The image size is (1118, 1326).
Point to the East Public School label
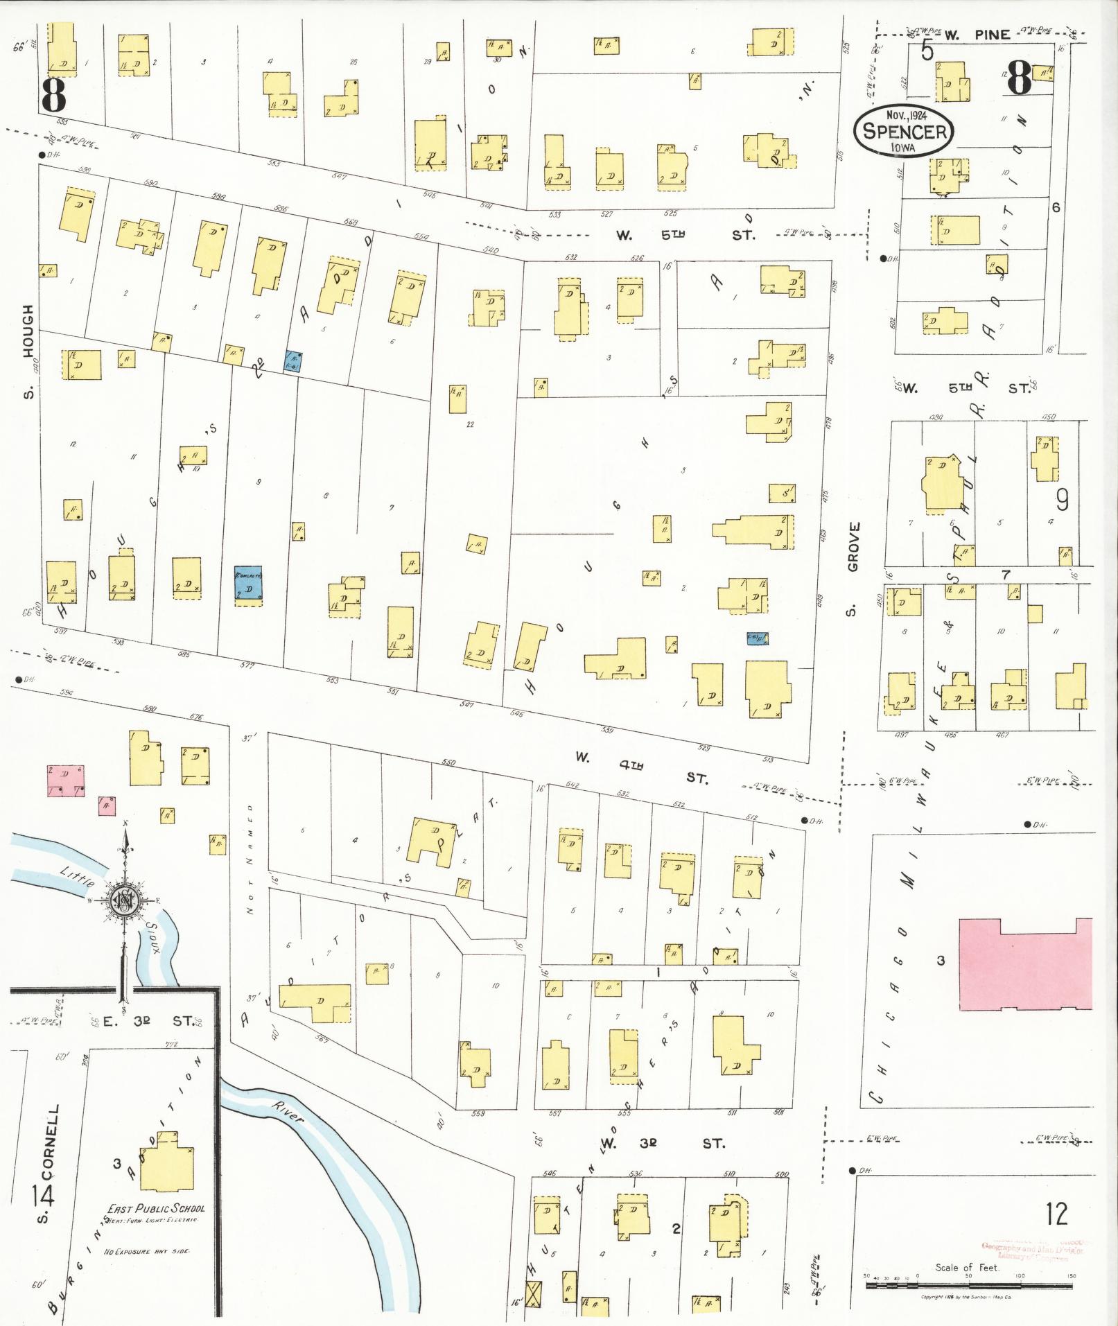tap(155, 1208)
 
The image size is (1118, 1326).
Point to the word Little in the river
tap(73, 875)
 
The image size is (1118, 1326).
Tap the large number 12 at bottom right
tap(1057, 1214)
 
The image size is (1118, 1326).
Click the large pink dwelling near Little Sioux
tap(65, 780)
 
